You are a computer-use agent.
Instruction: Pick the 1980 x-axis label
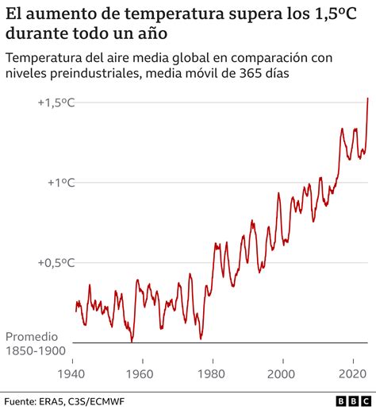pyautogui.click(x=210, y=374)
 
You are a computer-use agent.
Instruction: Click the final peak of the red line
pyautogui.click(x=367, y=99)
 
